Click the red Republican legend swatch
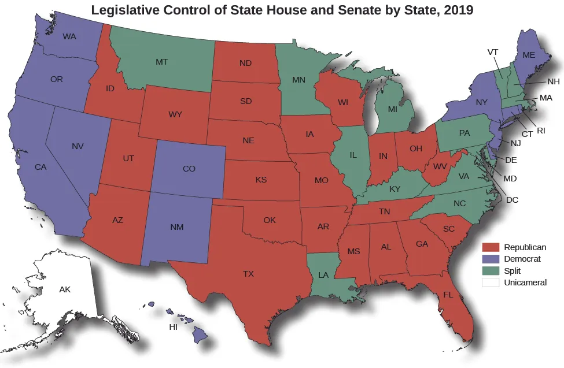(x=491, y=247)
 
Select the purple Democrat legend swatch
(x=491, y=259)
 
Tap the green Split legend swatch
(x=491, y=270)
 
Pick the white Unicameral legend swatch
(x=491, y=282)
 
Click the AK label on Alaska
(x=65, y=289)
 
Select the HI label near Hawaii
(x=172, y=327)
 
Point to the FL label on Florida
(x=448, y=295)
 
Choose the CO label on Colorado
(x=189, y=169)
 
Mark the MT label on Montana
(x=162, y=61)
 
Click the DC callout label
(x=512, y=200)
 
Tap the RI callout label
(x=541, y=131)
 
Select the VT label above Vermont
(x=493, y=52)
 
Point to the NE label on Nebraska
(x=249, y=140)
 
